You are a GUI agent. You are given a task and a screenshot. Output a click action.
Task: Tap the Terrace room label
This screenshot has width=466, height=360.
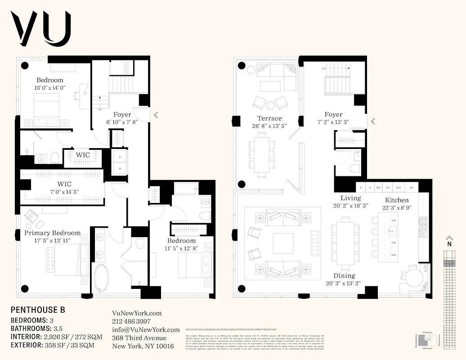pyautogui.click(x=269, y=118)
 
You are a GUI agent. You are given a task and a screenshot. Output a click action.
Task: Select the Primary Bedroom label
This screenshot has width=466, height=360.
pyautogui.click(x=52, y=233)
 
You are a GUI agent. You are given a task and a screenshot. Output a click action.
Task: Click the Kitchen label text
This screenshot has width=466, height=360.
pyautogui.click(x=396, y=200)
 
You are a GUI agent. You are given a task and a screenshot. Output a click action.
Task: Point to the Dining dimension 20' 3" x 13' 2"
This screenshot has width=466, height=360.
pyautogui.click(x=344, y=283)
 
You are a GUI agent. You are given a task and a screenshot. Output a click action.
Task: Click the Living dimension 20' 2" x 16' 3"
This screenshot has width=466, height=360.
pyautogui.click(x=350, y=206)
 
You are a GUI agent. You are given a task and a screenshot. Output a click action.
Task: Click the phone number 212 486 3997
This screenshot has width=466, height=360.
pyautogui.click(x=131, y=322)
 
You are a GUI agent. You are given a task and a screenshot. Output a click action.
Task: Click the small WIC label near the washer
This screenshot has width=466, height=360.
pyautogui.click(x=82, y=155)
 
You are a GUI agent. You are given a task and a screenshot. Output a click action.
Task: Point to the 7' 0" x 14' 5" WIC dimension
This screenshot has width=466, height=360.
pyautogui.click(x=64, y=192)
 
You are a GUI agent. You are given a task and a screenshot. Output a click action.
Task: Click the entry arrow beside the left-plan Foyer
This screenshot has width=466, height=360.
pyautogui.click(x=156, y=115)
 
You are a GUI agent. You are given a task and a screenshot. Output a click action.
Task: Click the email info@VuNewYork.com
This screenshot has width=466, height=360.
pyautogui.click(x=145, y=330)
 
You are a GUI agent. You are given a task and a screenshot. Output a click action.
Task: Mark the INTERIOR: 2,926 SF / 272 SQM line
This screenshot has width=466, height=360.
pyautogui.click(x=56, y=337)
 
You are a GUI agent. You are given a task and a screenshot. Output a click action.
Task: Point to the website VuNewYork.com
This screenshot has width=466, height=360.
pyautogui.click(x=136, y=313)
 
